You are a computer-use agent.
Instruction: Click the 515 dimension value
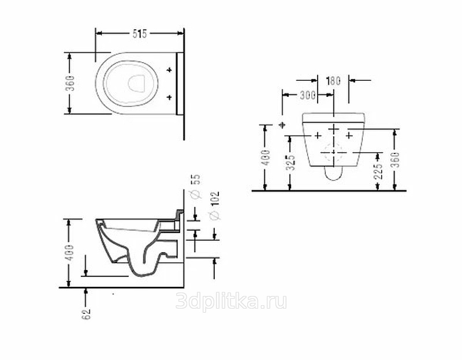click(139, 34)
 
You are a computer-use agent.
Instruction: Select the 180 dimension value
click(334, 81)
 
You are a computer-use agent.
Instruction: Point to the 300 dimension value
click(307, 95)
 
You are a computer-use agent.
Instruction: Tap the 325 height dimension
click(291, 163)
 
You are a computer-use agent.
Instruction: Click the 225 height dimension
click(378, 171)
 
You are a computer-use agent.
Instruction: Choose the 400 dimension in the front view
click(266, 157)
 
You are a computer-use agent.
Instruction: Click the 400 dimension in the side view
click(70, 252)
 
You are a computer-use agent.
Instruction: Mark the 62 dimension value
click(86, 314)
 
